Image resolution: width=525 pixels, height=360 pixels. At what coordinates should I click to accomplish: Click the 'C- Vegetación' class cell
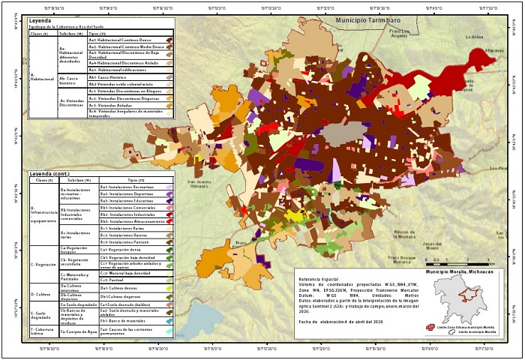tap(43, 264)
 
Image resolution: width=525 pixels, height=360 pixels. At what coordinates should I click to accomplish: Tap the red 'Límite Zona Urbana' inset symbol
tap(430, 327)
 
